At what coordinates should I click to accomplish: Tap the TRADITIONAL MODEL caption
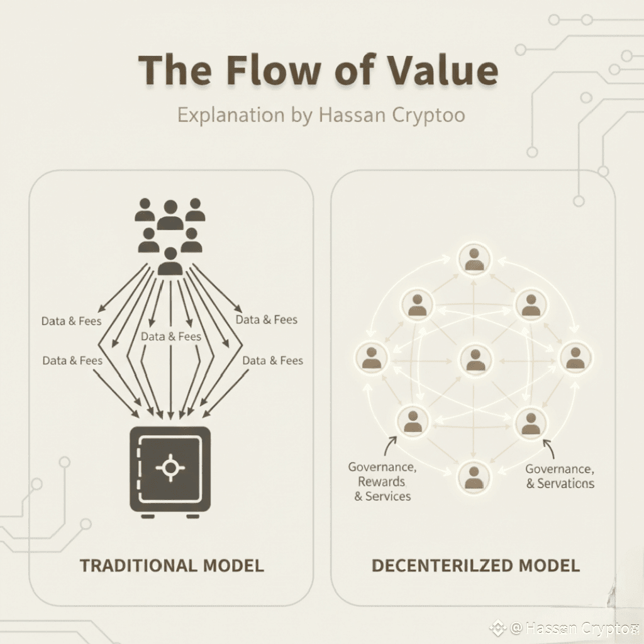tap(172, 565)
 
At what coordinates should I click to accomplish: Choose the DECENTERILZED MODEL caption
tap(475, 565)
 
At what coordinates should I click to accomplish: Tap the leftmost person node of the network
tap(371, 357)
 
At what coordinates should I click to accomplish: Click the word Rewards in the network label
tap(381, 482)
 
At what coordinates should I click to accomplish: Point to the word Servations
tap(565, 484)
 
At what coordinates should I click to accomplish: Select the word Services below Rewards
tap(387, 496)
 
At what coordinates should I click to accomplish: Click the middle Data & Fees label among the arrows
tap(171, 336)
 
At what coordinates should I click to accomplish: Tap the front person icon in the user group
tap(170, 261)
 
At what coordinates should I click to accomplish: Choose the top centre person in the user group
tap(170, 214)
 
